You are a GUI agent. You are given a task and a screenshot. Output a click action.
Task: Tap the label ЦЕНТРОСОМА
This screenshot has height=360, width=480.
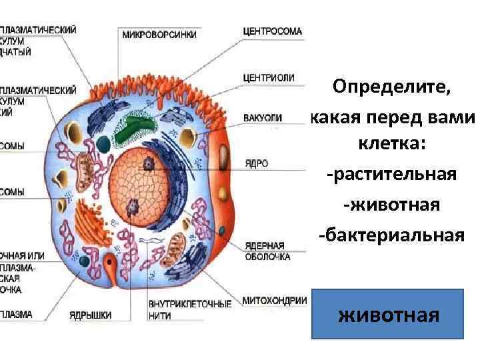click(272, 31)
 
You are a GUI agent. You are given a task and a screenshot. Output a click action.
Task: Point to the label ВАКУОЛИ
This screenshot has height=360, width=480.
click(263, 118)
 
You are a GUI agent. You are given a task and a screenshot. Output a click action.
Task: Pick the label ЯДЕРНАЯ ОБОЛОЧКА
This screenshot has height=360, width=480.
click(267, 250)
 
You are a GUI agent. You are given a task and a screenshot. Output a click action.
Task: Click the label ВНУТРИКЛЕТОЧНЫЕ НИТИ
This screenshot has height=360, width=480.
click(189, 308)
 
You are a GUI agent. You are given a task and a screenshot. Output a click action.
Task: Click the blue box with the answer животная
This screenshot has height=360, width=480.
click(389, 313)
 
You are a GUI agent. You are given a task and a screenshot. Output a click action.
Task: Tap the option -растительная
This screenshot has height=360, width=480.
click(391, 175)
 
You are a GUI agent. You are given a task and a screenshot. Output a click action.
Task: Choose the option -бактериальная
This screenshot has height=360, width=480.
click(391, 235)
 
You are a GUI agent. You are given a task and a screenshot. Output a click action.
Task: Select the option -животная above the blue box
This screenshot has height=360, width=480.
click(391, 205)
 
